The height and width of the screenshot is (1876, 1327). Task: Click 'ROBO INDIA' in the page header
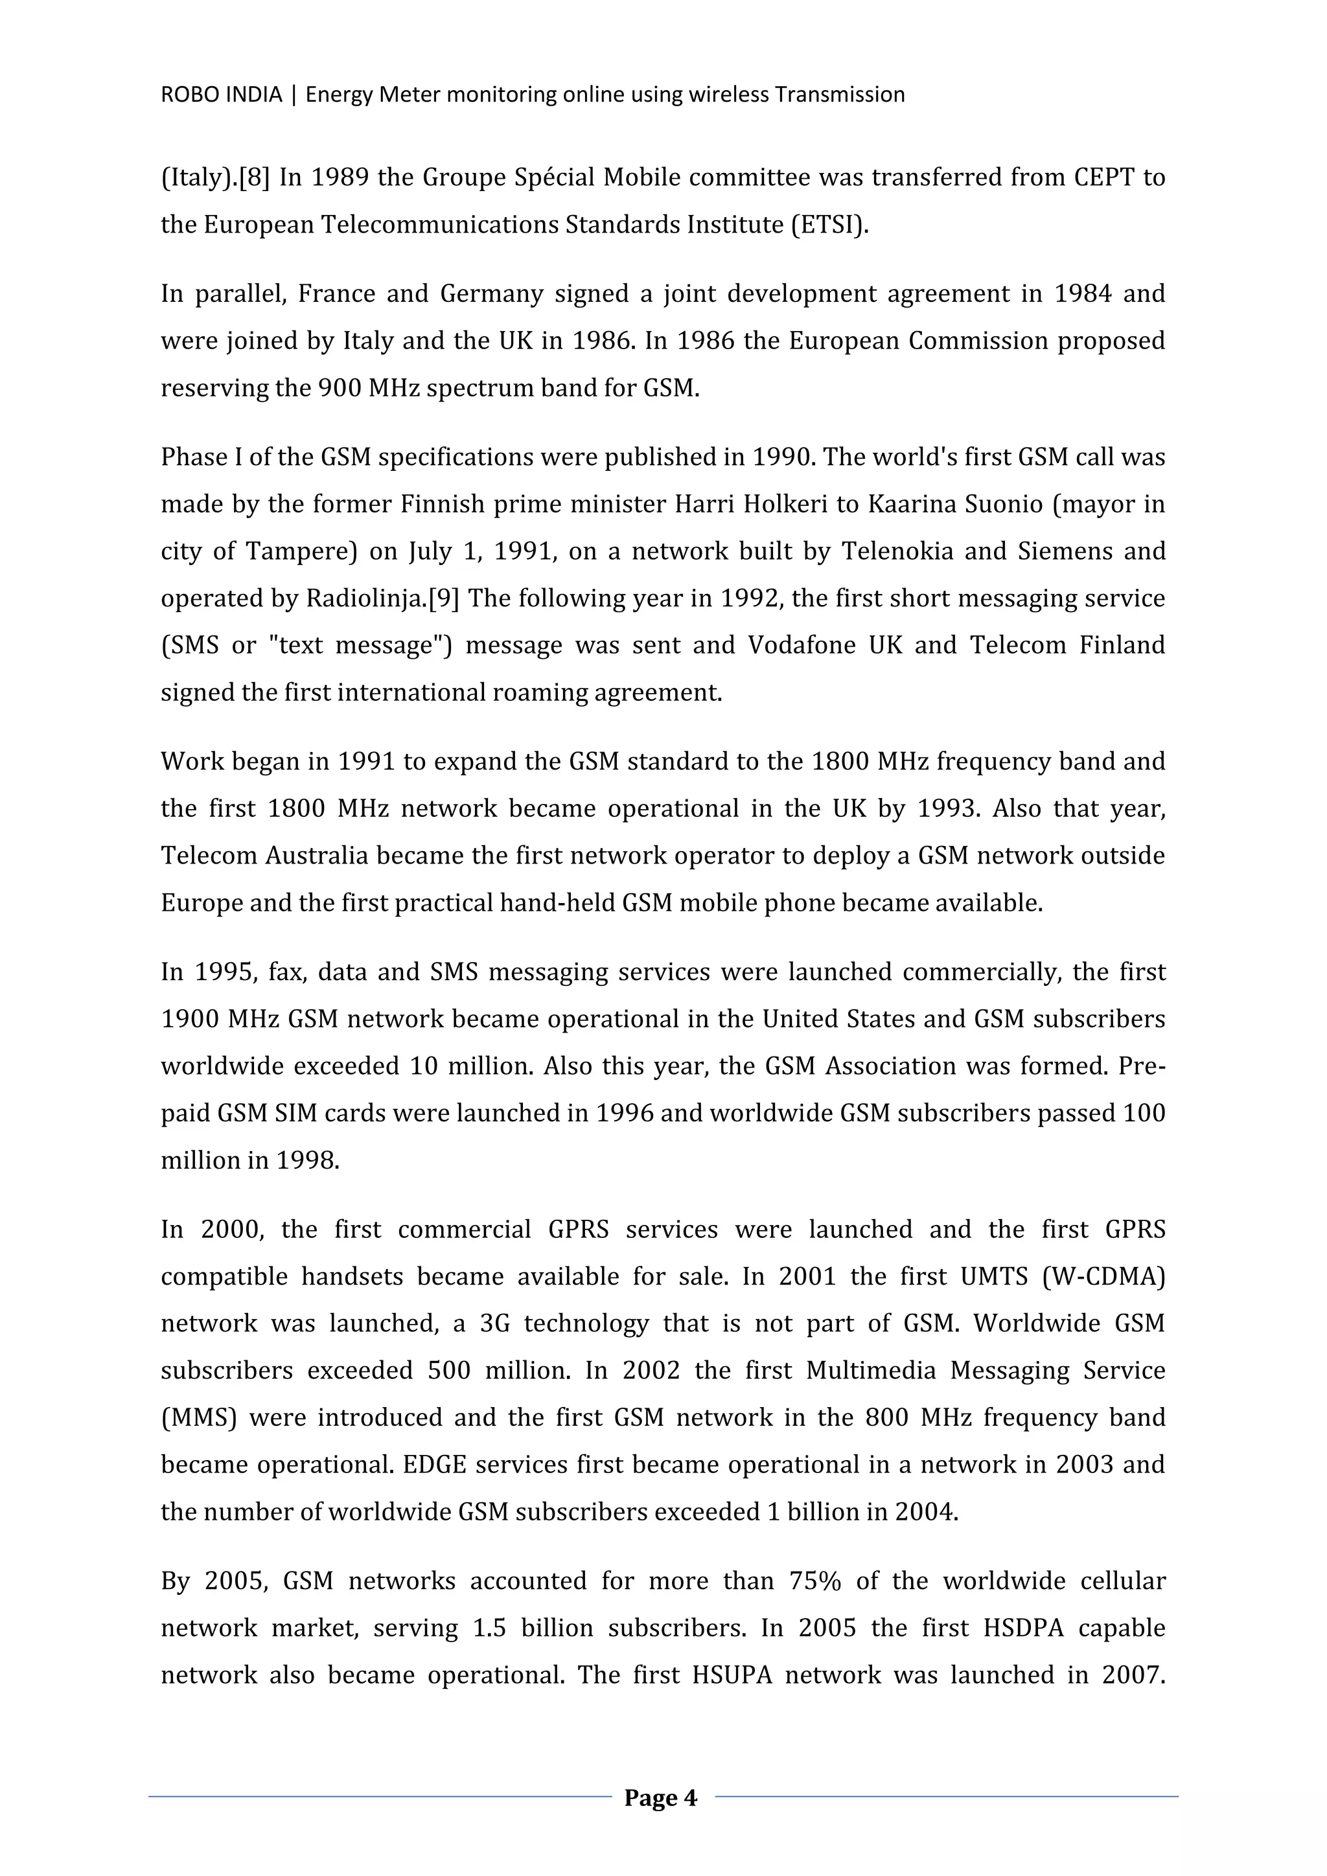[220, 95]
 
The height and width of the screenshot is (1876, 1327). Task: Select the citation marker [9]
[444, 599]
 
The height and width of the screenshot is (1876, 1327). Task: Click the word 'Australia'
[309, 856]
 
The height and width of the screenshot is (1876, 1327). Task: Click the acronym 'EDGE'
[434, 1464]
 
